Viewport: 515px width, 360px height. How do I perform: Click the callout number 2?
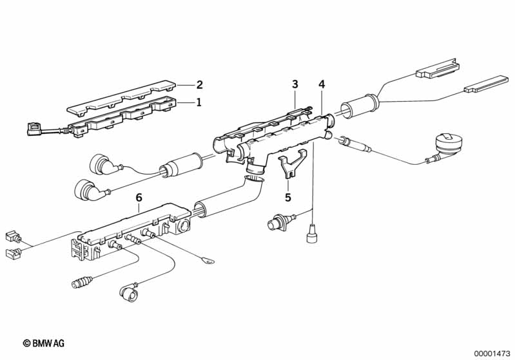point(199,85)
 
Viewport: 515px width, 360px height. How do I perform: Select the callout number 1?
point(199,102)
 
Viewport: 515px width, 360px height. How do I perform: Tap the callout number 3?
point(295,84)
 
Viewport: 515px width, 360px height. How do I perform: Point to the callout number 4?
point(322,84)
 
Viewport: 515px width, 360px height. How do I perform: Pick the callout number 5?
point(288,198)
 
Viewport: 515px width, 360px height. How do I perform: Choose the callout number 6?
point(139,198)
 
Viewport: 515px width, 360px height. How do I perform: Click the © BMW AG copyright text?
point(44,343)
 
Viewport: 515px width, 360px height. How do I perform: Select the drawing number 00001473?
point(492,354)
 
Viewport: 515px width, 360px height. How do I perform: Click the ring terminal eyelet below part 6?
point(208,261)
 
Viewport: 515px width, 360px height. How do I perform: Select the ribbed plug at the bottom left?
point(81,282)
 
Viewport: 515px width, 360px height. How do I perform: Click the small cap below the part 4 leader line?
point(311,233)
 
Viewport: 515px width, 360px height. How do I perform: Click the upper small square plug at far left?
point(12,236)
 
